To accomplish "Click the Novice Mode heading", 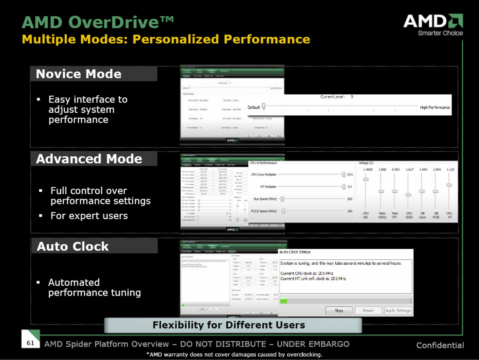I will pos(79,74).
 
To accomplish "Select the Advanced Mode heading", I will pos(89,159).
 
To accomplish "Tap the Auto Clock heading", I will pos(73,246).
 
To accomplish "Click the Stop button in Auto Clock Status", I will pos(339,310).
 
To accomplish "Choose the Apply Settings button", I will pos(398,310).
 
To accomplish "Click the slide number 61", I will pos(31,343).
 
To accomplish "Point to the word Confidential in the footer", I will pos(440,346).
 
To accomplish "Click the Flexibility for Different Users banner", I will pos(228,325).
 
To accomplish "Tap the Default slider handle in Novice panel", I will pos(264,107).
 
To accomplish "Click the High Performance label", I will pos(435,108).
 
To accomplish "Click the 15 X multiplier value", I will pos(350,175).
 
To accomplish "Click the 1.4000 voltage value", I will pos(366,169).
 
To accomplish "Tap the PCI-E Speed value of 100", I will pos(350,211).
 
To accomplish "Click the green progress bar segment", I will pos(283,301).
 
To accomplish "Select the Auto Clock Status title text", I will pos(295,252).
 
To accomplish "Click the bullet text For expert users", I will pos(89,216).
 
